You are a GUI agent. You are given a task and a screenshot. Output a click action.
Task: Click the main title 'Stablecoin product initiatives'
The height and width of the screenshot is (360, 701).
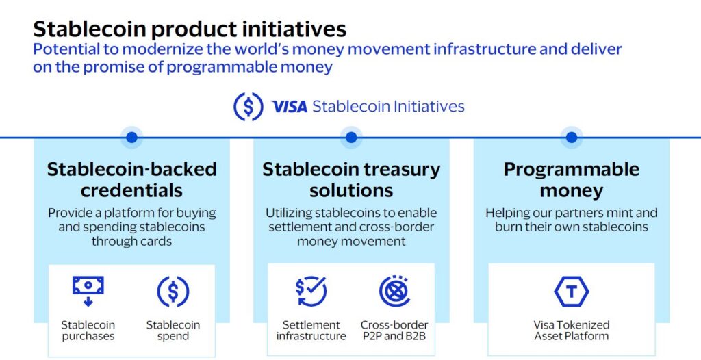click(x=190, y=29)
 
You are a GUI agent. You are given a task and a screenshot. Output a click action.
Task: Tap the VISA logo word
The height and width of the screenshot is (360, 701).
click(x=290, y=107)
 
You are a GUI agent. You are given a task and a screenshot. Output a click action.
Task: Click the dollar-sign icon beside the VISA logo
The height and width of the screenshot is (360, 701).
click(x=248, y=107)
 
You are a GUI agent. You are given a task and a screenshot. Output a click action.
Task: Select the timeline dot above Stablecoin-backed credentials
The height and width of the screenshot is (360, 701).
click(x=131, y=138)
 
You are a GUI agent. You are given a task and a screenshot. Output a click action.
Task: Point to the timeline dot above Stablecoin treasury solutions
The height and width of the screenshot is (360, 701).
click(x=351, y=138)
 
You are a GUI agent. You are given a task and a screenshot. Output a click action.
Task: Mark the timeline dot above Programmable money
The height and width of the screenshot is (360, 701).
click(x=572, y=138)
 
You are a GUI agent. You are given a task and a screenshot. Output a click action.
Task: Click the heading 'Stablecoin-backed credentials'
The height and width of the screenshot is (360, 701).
click(x=131, y=180)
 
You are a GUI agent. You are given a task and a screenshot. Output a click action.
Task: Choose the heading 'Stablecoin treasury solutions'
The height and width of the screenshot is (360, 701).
click(x=351, y=180)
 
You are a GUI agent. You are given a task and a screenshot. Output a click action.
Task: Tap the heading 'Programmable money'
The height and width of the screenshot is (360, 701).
click(x=572, y=180)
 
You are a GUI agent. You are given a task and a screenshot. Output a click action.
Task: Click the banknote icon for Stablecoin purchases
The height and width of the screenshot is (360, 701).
click(x=88, y=291)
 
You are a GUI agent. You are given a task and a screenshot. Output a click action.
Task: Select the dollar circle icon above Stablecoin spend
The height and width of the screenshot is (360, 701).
click(x=173, y=292)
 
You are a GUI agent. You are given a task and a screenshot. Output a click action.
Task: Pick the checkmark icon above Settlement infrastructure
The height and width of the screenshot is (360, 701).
click(x=311, y=291)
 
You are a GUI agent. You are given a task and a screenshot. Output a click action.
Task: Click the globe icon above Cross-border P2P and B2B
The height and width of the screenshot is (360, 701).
click(x=394, y=291)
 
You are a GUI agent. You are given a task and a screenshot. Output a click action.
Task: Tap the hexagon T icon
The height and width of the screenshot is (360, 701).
click(x=572, y=292)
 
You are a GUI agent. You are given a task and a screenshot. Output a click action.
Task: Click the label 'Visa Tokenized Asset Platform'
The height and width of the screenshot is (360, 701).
click(x=572, y=330)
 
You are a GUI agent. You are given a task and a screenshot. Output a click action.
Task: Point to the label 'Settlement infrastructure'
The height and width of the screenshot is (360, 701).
click(x=311, y=330)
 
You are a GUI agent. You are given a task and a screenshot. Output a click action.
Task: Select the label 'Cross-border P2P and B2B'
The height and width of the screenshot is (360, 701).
click(x=394, y=330)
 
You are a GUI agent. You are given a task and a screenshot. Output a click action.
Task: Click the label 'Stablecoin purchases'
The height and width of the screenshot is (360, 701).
click(x=88, y=330)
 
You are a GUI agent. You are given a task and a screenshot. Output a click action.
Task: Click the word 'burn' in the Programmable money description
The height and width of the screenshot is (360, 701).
click(x=507, y=227)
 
